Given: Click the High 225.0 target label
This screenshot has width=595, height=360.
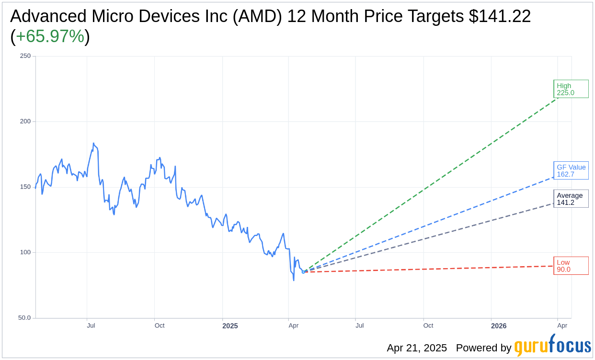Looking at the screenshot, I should [571, 89].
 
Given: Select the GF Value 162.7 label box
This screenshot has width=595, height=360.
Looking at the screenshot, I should [571, 170].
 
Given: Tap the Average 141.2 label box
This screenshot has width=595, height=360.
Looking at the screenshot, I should [571, 199].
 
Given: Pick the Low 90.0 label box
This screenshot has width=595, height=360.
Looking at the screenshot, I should [571, 266].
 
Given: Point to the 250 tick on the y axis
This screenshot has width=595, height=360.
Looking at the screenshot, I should [25, 56].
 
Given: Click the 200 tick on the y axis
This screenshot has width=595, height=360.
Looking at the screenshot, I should [25, 122].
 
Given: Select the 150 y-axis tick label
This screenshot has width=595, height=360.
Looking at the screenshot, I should [25, 187].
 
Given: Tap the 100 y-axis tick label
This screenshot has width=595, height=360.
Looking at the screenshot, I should [25, 252].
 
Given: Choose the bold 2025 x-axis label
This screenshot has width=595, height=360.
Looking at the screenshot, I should [230, 326].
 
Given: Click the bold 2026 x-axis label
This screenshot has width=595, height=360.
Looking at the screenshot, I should [499, 326].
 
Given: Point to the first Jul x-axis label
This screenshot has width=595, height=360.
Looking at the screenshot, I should [91, 326].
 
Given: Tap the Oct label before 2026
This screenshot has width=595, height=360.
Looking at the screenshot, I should [428, 326].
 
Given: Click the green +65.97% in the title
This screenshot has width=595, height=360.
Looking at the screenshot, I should [50, 37].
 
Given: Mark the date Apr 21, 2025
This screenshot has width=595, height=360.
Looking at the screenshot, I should [417, 348].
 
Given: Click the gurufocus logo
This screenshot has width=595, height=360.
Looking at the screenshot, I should [552, 346].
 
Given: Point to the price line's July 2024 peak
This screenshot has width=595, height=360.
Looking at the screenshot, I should [93, 143].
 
